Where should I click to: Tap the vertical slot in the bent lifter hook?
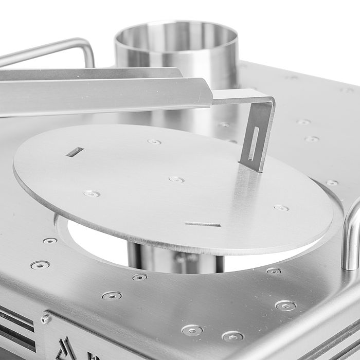(254, 143)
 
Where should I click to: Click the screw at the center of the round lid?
(176, 179)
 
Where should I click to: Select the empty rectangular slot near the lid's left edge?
(75, 152)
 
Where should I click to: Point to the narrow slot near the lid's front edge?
(203, 224)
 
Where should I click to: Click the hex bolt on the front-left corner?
(45, 319)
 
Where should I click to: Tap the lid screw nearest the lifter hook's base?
(281, 208)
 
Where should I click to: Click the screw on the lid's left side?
(92, 193)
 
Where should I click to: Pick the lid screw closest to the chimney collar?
(154, 141)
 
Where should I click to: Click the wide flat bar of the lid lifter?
(103, 95)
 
